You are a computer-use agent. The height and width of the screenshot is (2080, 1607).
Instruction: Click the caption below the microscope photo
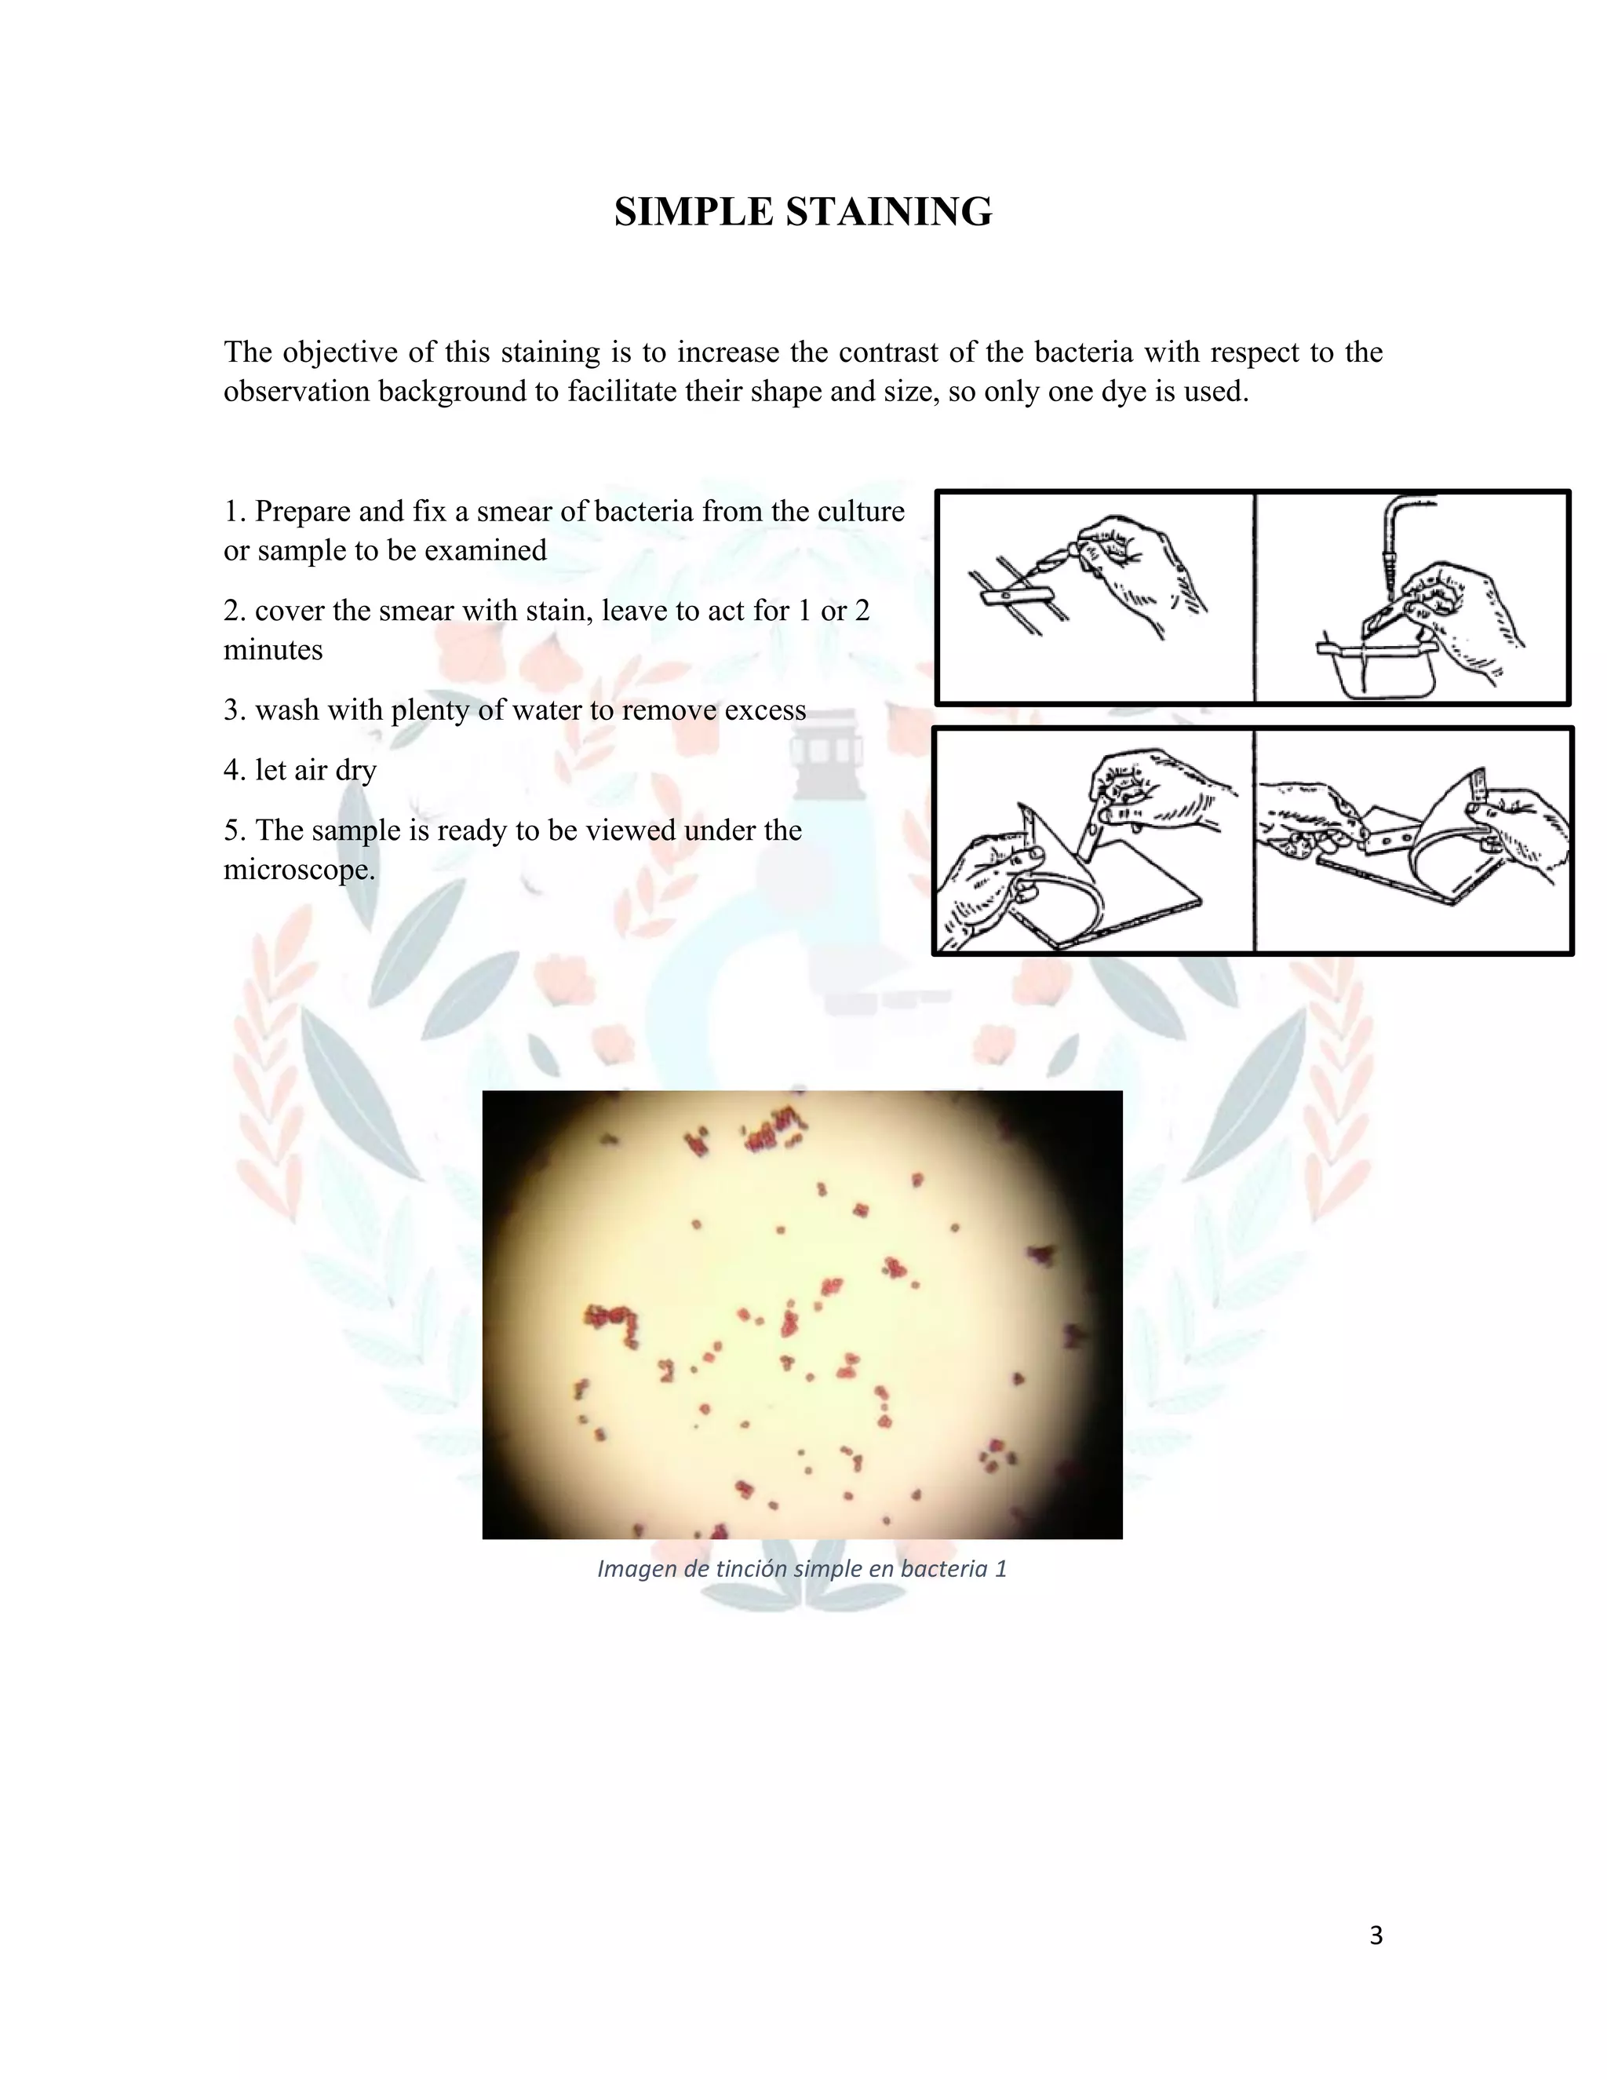click(802, 1568)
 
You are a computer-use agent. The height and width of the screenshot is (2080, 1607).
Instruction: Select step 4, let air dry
click(300, 769)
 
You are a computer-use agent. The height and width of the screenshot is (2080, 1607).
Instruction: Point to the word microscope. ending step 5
click(299, 870)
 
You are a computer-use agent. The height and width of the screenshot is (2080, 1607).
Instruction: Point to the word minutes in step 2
click(273, 650)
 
